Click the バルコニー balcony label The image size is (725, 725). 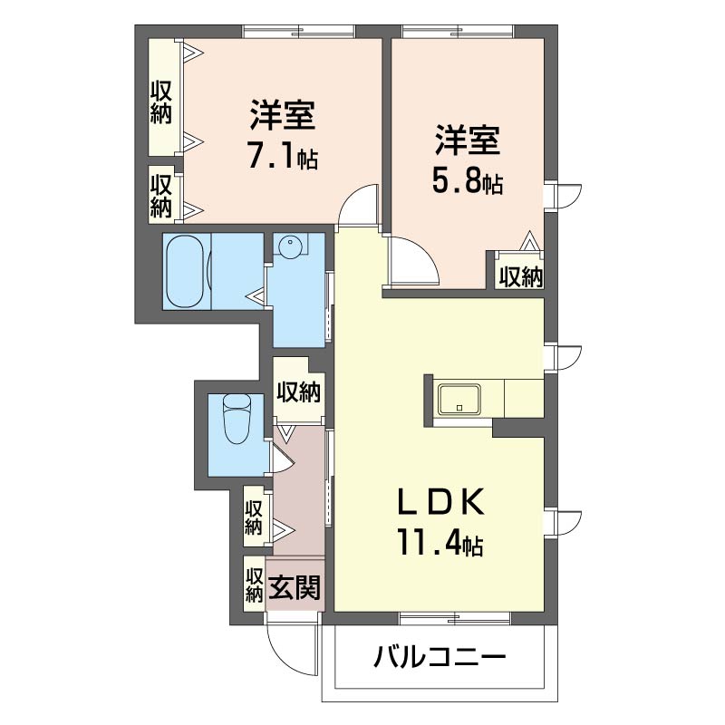tap(440, 657)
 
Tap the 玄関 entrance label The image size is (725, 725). tap(295, 587)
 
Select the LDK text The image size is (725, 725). tap(441, 501)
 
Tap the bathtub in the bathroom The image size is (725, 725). tap(185, 271)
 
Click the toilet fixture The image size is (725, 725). tap(237, 419)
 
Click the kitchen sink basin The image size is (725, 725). tap(459, 399)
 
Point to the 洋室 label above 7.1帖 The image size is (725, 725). tap(283, 114)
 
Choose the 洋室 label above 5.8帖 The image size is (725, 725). tap(467, 140)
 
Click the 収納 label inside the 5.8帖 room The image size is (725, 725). tap(520, 276)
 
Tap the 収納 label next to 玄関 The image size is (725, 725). tap(254, 585)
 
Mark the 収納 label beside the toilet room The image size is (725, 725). tap(299, 392)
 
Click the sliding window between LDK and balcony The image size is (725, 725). tap(455, 619)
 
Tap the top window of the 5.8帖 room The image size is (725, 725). tap(458, 31)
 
